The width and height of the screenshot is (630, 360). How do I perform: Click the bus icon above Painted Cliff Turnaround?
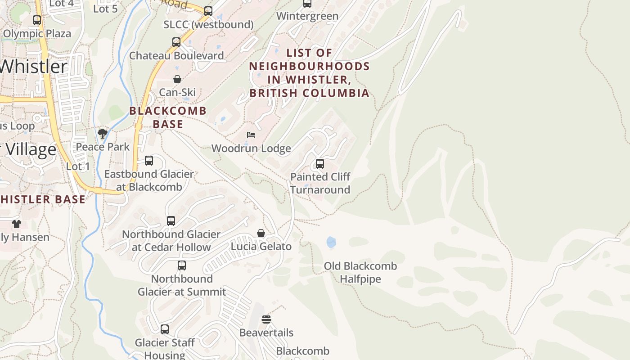(320, 164)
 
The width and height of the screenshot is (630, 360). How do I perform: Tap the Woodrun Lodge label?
(251, 148)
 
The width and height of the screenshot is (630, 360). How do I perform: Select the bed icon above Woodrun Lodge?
(251, 135)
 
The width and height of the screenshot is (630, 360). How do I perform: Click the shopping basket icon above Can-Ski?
(177, 79)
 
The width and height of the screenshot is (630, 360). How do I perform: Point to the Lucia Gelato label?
(261, 247)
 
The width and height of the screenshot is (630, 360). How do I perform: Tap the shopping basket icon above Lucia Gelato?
(261, 233)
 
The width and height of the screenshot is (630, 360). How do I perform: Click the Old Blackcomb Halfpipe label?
(360, 272)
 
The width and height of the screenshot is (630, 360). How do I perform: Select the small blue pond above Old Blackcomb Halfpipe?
(331, 243)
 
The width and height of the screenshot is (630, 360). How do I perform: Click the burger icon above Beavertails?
(266, 319)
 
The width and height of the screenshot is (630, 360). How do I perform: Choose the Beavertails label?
(266, 333)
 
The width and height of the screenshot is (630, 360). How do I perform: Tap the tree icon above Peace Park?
(103, 133)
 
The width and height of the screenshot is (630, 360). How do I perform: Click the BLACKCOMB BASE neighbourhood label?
(168, 117)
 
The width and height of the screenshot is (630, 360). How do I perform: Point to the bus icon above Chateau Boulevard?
(176, 42)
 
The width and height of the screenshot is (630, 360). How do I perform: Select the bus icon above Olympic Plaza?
(37, 20)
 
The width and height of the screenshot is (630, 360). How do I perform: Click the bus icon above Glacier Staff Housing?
(165, 329)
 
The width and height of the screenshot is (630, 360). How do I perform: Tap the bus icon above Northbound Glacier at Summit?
(182, 265)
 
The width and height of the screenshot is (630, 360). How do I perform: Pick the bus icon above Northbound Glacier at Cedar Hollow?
(171, 221)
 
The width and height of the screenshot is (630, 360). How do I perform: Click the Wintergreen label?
(307, 16)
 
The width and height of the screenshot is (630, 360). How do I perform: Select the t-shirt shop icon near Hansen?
(17, 224)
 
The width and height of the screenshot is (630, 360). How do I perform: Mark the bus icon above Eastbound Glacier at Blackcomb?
(149, 161)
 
